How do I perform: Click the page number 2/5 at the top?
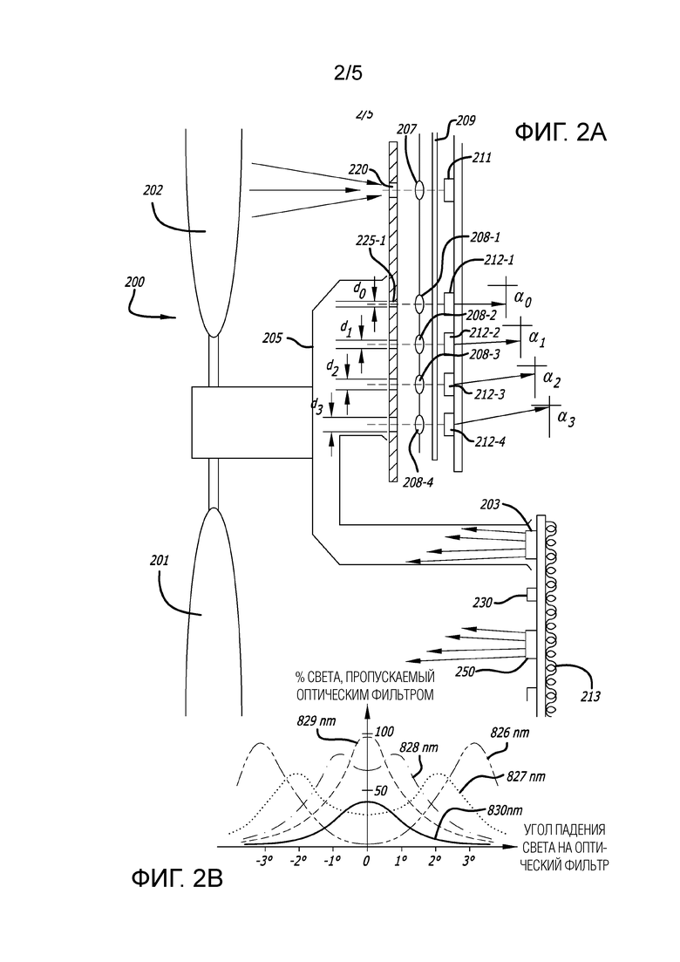click(348, 73)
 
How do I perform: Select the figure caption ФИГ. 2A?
click(561, 132)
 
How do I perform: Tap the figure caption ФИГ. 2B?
click(177, 879)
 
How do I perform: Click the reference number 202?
click(153, 191)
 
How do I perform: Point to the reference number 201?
click(159, 560)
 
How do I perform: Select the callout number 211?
click(482, 158)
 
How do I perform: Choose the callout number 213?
click(590, 696)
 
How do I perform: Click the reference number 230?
click(483, 603)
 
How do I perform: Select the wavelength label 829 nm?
click(316, 721)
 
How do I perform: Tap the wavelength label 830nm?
click(505, 810)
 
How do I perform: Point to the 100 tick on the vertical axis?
click(384, 732)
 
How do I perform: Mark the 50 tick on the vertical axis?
click(381, 790)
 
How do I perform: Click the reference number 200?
click(135, 283)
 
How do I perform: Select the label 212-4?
click(489, 441)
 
